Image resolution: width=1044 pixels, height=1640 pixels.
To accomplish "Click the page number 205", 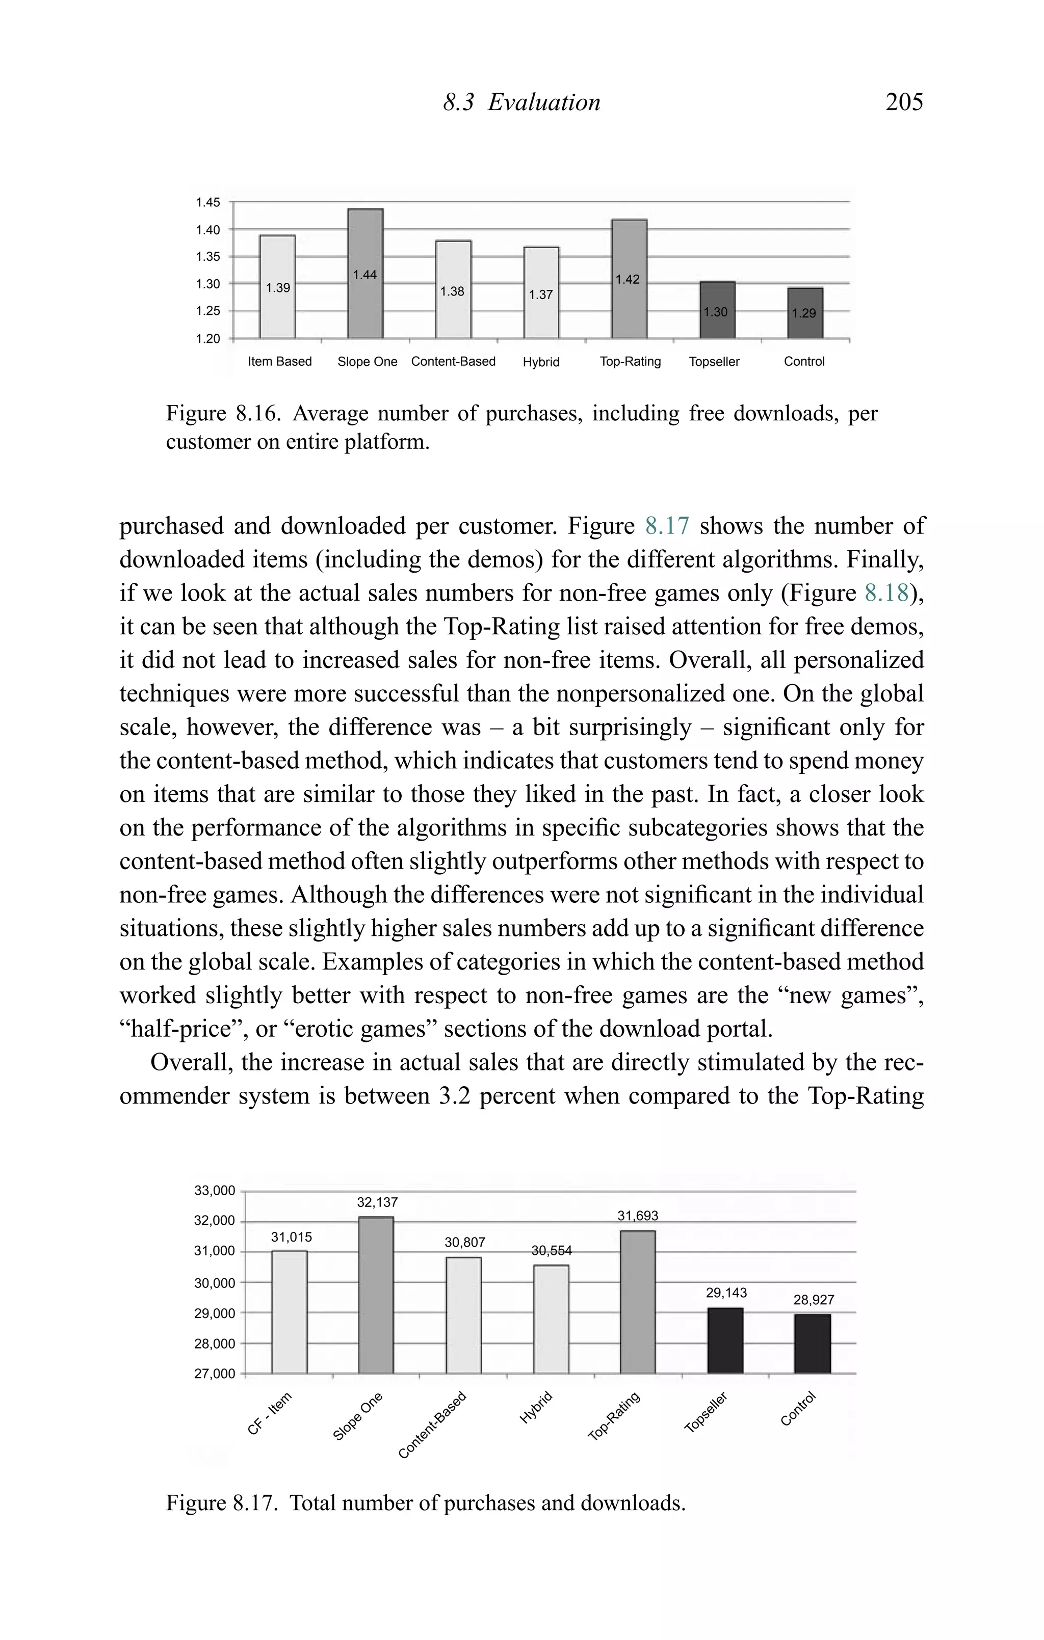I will coord(904,102).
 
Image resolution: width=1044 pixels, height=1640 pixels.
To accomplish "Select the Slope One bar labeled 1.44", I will coord(366,274).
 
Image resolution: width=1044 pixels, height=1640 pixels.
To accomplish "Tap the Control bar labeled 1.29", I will coord(805,313).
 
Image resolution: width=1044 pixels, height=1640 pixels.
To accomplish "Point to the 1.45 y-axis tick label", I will coord(208,202).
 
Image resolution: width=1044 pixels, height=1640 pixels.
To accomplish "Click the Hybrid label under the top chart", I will coord(540,362).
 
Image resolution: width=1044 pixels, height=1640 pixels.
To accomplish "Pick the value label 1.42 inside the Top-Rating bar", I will coord(628,279).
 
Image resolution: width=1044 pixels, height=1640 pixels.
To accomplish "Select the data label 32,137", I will coord(377,1203).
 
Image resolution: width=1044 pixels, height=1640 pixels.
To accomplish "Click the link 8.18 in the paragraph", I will coord(886,593).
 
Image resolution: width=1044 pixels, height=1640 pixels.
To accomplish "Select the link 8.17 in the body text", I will coord(667,526).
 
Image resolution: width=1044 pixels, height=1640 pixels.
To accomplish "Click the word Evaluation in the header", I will coord(544,102).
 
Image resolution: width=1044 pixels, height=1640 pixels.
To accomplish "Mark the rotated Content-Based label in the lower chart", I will coord(432,1426).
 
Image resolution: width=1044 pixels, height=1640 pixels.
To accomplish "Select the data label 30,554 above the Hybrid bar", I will coord(551,1250).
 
